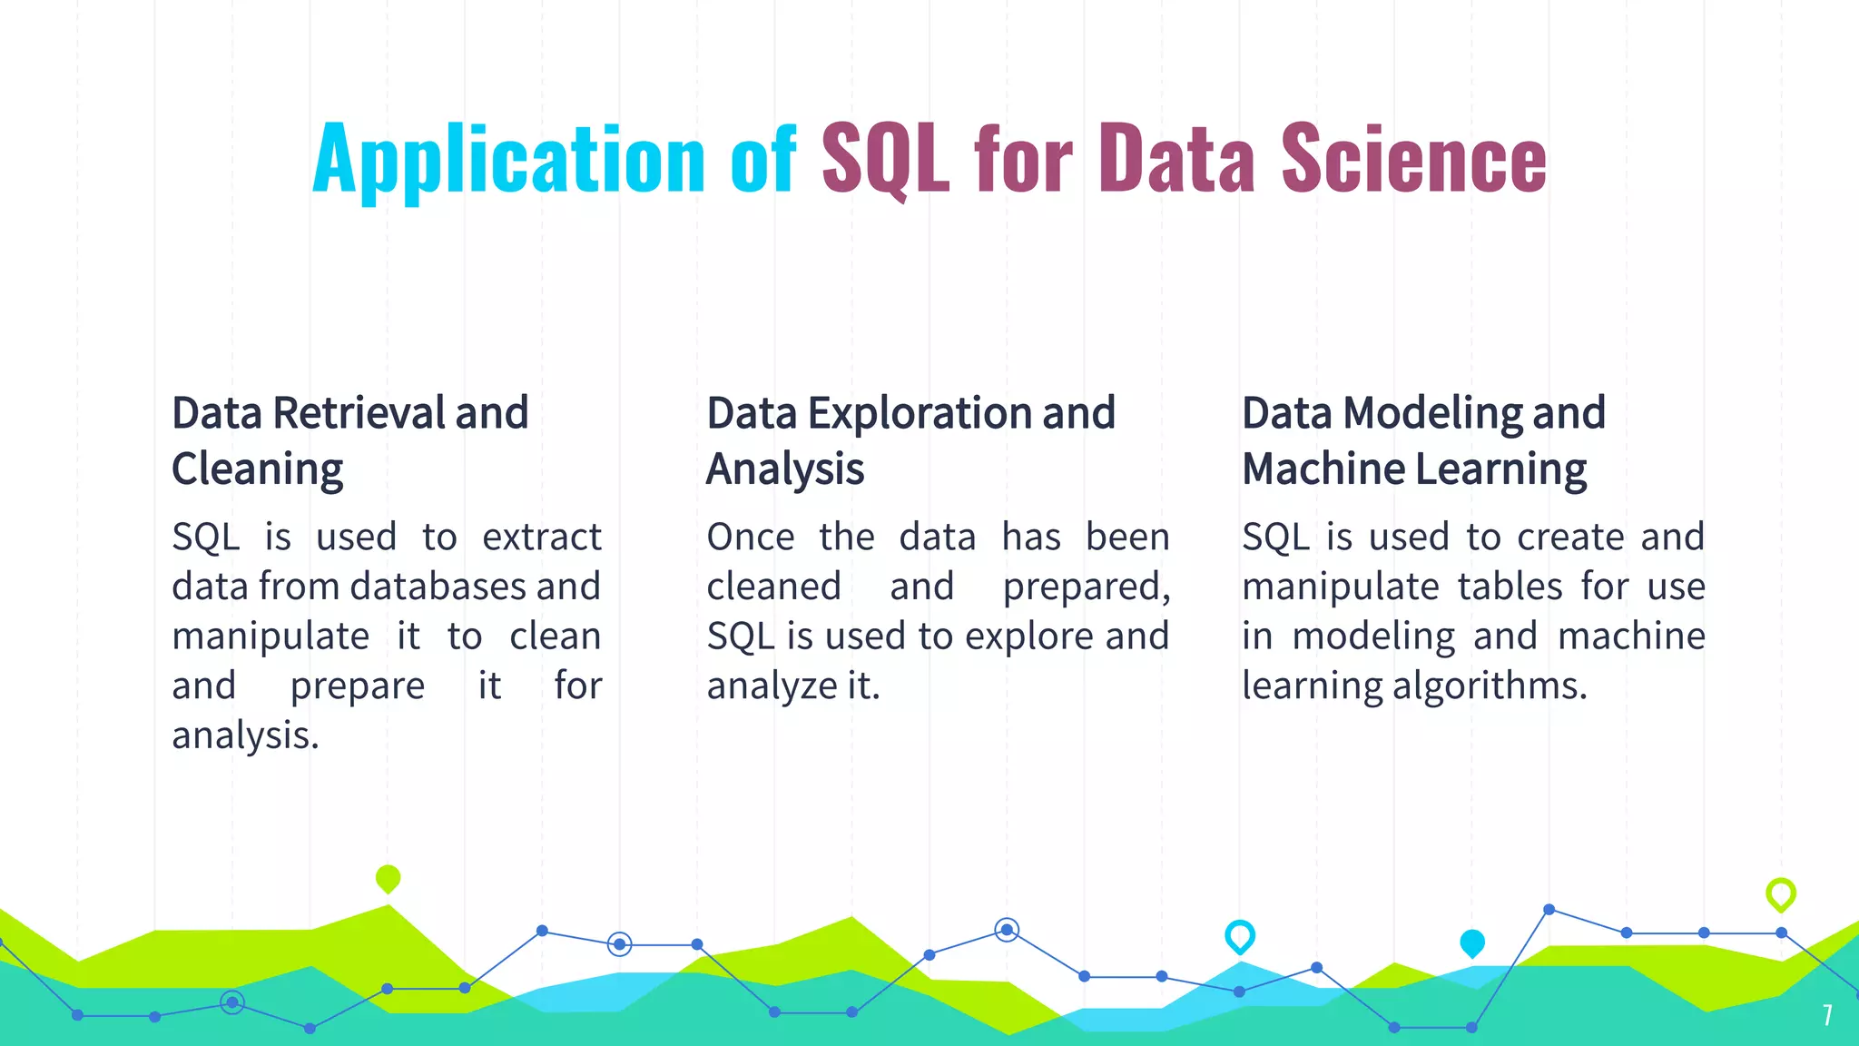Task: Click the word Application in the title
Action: pos(508,160)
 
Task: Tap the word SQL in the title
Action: pos(885,160)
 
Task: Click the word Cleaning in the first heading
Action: pos(257,469)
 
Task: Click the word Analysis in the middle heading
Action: pos(785,469)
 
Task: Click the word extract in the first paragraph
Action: pos(541,537)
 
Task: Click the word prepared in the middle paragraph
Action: pos(1086,587)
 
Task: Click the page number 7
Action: pos(1827,1015)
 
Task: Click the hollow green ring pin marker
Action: pos(1780,893)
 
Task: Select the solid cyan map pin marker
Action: pos(1471,943)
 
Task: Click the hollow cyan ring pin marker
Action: pos(1239,936)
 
